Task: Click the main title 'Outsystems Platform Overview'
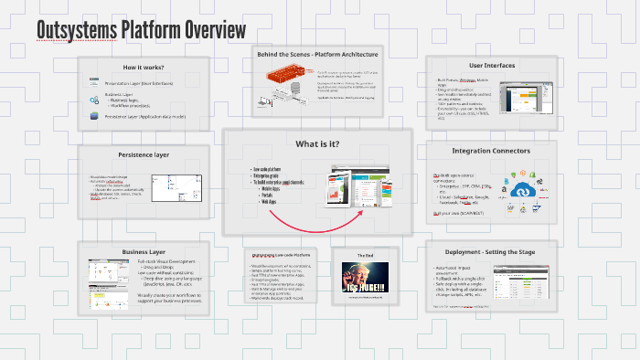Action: [x=141, y=30]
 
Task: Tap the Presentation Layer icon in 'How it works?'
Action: [x=93, y=82]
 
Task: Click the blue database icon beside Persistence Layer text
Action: [x=93, y=116]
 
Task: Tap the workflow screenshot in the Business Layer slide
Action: [x=111, y=274]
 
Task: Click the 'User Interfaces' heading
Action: [x=491, y=66]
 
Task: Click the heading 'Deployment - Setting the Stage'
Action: [x=491, y=251]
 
